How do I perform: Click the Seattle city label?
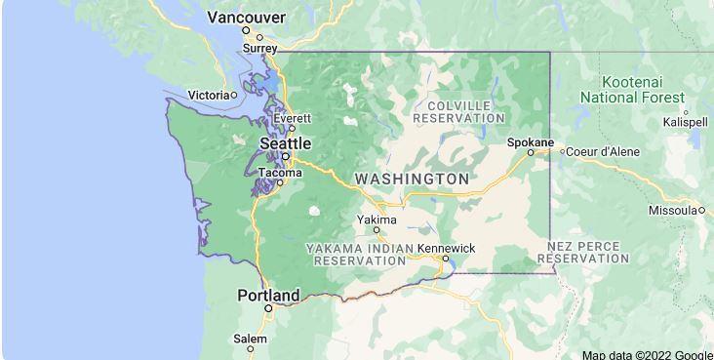(285, 142)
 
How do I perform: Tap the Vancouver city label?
(247, 18)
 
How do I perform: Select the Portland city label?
(268, 295)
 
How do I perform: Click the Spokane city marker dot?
(531, 152)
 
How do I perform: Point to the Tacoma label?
(279, 173)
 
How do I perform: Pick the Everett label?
(292, 118)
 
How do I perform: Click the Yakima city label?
(376, 220)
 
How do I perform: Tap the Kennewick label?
(446, 248)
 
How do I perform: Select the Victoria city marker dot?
(234, 95)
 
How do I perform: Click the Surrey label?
(259, 48)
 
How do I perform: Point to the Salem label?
(250, 339)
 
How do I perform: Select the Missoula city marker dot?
(701, 210)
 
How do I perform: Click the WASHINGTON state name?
(411, 180)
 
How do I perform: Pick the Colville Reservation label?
(457, 111)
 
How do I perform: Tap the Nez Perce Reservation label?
(588, 252)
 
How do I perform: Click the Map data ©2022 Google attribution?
(648, 354)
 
